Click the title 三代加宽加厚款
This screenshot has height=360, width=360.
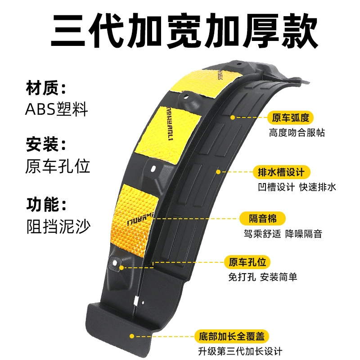(184, 30)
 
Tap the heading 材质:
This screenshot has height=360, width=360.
(46, 88)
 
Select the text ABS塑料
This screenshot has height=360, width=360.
(57, 109)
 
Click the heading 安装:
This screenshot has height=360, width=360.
(46, 144)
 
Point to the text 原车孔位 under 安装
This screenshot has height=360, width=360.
(58, 166)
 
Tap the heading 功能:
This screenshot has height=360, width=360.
(46, 204)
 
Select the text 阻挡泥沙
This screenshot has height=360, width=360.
(59, 226)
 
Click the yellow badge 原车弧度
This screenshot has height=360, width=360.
(290, 118)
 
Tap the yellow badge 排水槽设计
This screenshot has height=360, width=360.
(282, 172)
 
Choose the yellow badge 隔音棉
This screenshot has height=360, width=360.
(263, 218)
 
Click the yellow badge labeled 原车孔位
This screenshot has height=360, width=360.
(247, 262)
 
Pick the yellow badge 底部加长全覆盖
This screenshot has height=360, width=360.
(232, 336)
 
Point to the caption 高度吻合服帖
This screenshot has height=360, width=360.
(297, 133)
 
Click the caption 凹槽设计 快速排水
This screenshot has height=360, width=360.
(297, 187)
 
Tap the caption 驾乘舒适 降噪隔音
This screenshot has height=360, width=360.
(283, 234)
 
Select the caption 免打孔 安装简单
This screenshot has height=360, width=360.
(263, 277)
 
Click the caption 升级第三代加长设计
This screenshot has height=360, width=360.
(240, 351)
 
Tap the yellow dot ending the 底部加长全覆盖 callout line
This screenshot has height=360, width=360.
(132, 336)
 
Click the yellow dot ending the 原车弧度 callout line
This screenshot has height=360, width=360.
(233, 117)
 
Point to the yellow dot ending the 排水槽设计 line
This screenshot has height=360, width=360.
(218, 172)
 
